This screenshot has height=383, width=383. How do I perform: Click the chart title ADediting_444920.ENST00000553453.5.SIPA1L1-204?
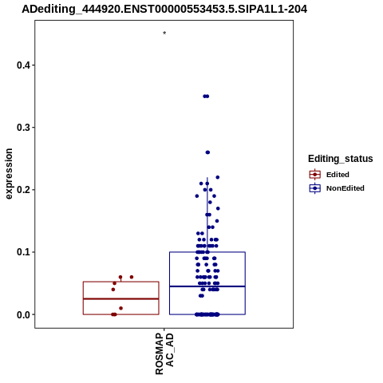coord(164,10)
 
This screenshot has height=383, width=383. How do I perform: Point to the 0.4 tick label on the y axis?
coord(23,65)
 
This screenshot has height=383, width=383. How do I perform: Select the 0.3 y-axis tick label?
coord(23,128)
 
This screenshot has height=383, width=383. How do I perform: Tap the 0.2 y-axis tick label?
coord(23,190)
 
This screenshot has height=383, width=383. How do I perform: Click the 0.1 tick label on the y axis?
coord(23,252)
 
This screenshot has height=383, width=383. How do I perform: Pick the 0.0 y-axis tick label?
coord(23,314)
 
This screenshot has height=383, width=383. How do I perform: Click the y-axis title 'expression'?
coord(9,174)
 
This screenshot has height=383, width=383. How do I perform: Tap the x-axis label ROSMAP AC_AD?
coord(164,353)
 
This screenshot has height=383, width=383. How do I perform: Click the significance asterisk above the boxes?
coord(164,34)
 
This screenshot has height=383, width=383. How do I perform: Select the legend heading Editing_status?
coord(341,159)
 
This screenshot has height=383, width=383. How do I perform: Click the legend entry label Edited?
coord(338,175)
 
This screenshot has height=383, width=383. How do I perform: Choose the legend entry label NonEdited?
coord(345,188)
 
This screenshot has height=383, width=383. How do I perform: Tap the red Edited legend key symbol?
coord(315,175)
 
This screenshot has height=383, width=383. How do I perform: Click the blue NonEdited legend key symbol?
coord(315,188)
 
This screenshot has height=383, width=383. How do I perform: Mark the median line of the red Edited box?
coord(121,299)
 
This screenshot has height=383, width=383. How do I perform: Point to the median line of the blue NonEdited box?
coord(207,286)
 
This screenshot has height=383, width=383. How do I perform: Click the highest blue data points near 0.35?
coord(206,97)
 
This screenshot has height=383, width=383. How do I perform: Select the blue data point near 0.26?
coord(207,152)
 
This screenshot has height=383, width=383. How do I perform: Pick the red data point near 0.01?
coord(120,308)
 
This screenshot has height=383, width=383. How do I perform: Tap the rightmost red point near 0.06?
coord(132,277)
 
